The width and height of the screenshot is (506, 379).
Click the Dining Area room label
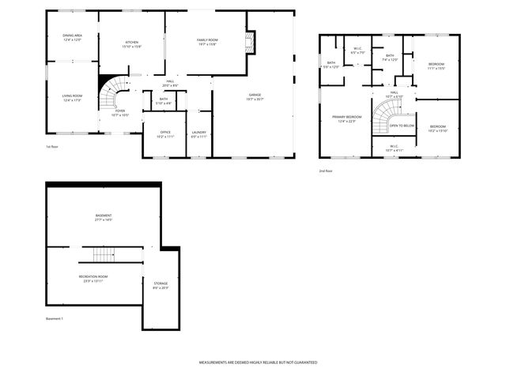(72, 37)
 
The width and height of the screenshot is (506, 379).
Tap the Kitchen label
(132, 44)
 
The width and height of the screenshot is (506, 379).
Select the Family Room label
(207, 42)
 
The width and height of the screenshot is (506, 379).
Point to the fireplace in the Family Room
(251, 43)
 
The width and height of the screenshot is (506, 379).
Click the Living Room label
(72, 98)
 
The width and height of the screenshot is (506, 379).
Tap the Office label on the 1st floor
(165, 134)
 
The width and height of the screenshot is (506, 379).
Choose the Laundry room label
(199, 134)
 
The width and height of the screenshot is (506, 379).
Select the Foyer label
(120, 113)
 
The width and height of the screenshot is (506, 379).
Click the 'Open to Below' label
(402, 126)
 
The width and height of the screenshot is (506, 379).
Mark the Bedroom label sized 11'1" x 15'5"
(436, 66)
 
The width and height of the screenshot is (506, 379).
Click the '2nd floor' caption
(326, 171)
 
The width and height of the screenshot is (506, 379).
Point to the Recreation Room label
(93, 278)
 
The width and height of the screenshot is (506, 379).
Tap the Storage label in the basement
(160, 285)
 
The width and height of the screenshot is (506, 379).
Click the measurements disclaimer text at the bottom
(258, 362)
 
